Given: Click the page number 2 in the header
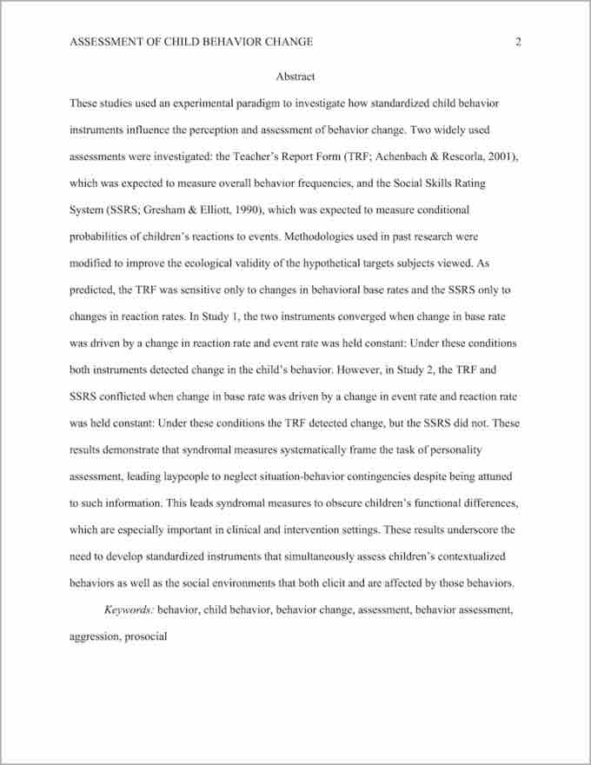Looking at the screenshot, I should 518,42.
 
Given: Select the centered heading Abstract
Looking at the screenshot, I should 295,76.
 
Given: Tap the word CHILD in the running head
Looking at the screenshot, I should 180,42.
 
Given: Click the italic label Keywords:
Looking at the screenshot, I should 129,610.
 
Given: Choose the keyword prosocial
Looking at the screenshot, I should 145,636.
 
